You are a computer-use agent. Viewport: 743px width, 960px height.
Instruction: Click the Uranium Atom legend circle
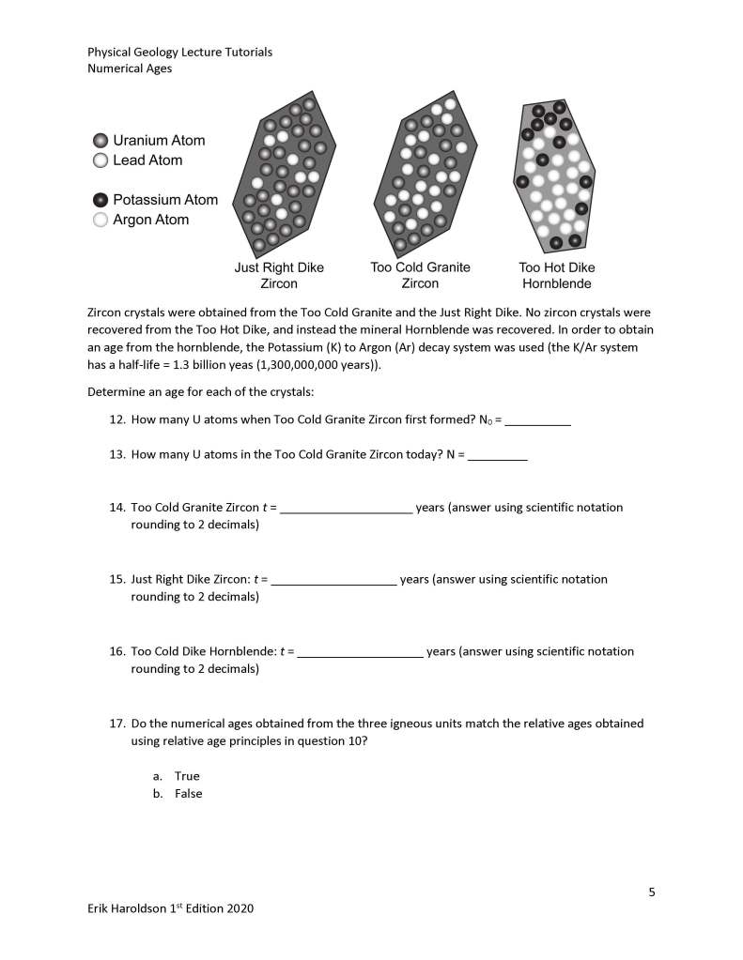click(100, 141)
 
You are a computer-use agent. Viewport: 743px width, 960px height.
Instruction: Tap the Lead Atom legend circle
click(100, 160)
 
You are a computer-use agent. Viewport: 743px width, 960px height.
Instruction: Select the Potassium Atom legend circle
click(100, 200)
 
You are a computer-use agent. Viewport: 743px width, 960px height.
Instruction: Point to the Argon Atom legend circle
click(100, 220)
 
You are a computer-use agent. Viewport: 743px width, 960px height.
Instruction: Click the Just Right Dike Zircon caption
click(279, 275)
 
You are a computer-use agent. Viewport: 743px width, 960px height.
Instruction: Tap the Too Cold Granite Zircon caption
click(420, 275)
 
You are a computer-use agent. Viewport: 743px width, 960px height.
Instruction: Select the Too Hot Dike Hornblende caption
click(557, 275)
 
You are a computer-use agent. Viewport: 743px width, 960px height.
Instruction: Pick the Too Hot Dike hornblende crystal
click(554, 175)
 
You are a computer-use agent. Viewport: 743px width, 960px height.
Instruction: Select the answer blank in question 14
click(347, 508)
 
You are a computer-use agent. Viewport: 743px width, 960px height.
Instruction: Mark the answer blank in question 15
click(333, 579)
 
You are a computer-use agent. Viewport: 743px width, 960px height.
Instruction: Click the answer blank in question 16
click(360, 651)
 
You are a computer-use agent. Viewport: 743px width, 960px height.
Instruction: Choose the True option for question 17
click(187, 776)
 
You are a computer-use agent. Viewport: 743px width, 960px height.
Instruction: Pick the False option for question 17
click(188, 794)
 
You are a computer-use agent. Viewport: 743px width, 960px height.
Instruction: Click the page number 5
click(652, 891)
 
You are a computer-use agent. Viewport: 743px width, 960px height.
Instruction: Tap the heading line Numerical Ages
click(130, 69)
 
